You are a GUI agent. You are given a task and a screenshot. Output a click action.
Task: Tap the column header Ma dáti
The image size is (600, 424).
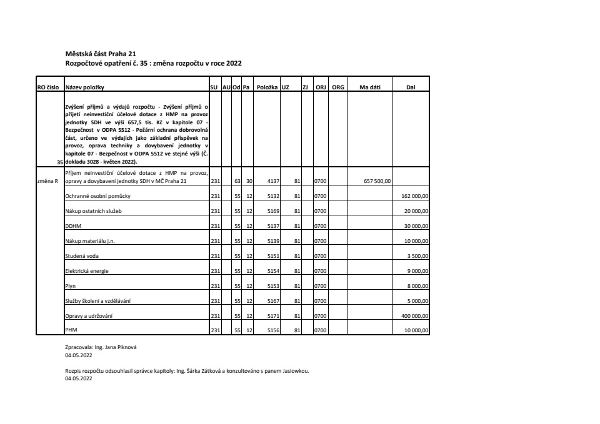click(x=370, y=87)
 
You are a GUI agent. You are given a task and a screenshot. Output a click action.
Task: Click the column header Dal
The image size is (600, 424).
click(x=411, y=87)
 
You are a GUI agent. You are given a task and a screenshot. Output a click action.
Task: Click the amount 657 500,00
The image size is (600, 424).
click(x=377, y=182)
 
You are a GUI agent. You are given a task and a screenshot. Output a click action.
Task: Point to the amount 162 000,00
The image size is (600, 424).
click(x=414, y=196)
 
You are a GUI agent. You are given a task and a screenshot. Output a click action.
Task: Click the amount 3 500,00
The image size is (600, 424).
click(x=417, y=256)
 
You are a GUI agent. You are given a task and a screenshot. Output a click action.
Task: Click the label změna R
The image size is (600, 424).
click(x=47, y=182)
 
